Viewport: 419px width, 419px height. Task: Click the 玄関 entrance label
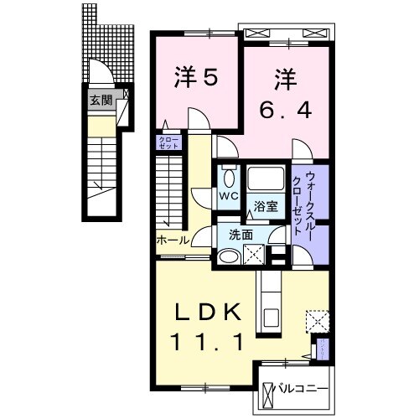(101, 99)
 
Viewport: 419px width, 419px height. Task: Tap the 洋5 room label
(196, 77)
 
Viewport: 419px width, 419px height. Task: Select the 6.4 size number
(286, 108)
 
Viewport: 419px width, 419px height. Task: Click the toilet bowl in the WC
(227, 177)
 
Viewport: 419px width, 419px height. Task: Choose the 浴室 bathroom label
(266, 205)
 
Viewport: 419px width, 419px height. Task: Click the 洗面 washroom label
(241, 235)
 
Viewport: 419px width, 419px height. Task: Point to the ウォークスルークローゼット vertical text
(304, 203)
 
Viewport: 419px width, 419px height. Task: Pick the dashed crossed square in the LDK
(316, 321)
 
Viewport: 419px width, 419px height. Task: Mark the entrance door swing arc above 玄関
(99, 75)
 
